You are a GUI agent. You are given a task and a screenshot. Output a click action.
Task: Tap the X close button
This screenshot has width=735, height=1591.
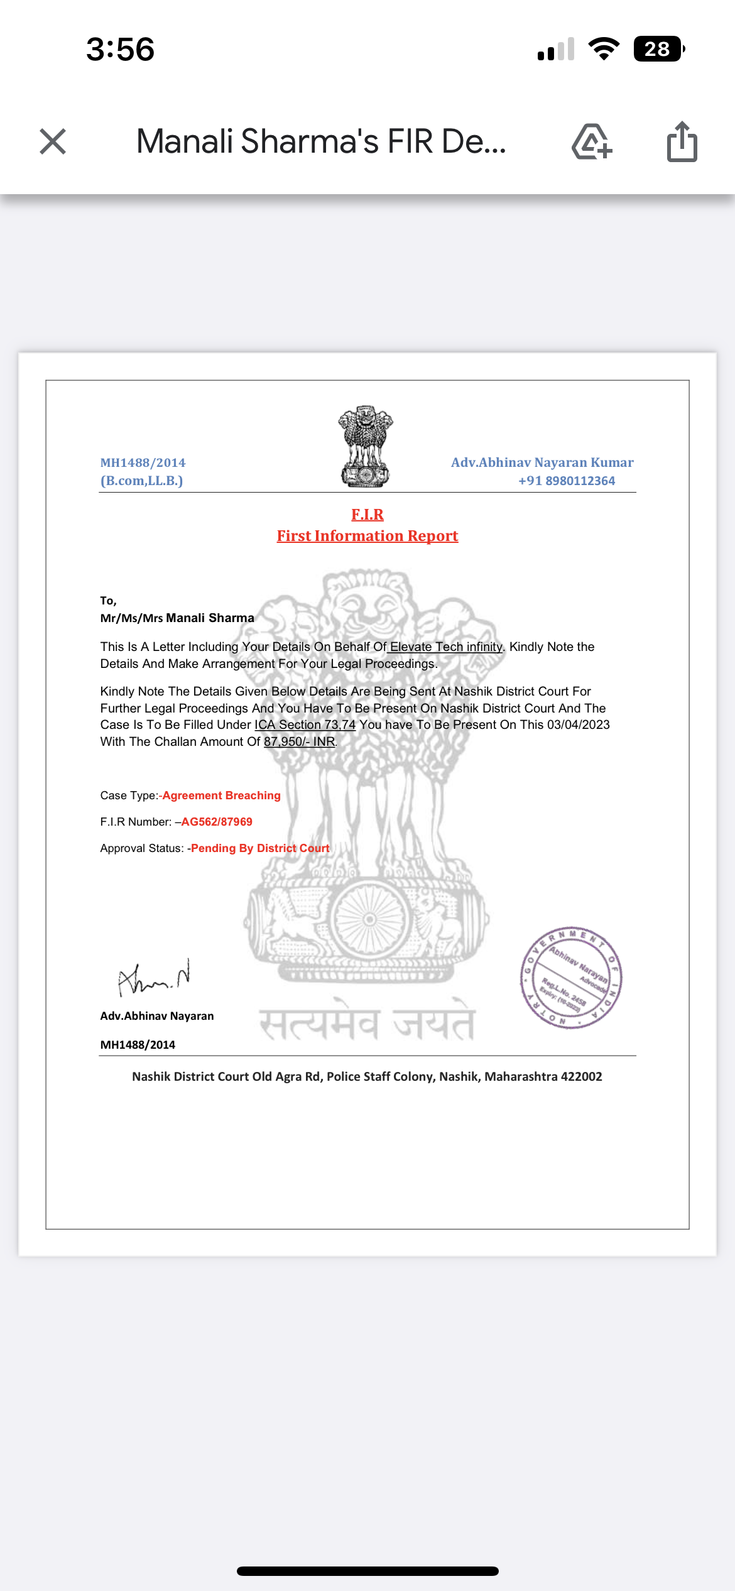point(53,141)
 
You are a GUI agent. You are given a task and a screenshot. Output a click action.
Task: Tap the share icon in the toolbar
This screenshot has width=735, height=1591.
point(682,142)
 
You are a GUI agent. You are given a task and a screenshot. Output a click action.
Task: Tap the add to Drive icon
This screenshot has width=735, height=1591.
point(592,142)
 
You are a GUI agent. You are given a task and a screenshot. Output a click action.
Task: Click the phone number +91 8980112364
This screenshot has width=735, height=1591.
point(567,481)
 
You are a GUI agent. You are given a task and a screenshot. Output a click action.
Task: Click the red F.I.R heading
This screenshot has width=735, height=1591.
point(367,515)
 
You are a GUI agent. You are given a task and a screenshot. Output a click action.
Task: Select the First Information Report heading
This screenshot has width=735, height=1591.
point(367,536)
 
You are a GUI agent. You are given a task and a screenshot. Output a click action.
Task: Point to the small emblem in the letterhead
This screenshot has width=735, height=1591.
point(366,446)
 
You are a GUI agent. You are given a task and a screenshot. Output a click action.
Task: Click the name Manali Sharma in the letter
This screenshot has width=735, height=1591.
point(210,618)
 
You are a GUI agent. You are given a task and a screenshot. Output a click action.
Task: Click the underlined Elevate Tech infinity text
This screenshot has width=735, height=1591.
point(446,647)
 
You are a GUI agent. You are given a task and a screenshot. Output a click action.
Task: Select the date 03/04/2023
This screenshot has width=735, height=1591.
point(578,724)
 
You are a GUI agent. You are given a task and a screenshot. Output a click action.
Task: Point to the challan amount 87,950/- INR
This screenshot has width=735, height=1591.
point(300,741)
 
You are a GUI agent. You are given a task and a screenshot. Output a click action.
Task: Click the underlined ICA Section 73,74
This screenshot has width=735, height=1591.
point(305,724)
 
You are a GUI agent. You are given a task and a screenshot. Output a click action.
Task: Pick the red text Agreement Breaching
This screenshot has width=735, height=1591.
point(221,795)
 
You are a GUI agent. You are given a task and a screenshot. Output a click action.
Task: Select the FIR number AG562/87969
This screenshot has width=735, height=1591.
point(217,822)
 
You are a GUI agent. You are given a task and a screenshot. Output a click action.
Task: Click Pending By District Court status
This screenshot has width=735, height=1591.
point(260,848)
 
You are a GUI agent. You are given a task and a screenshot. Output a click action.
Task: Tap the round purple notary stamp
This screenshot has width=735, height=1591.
point(570,977)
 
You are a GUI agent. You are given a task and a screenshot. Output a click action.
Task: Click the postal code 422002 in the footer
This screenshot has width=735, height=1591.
point(581,1076)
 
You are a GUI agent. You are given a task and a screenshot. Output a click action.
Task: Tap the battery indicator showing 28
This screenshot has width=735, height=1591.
point(658,49)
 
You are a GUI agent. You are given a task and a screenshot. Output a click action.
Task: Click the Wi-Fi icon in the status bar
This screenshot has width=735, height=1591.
point(604,49)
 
